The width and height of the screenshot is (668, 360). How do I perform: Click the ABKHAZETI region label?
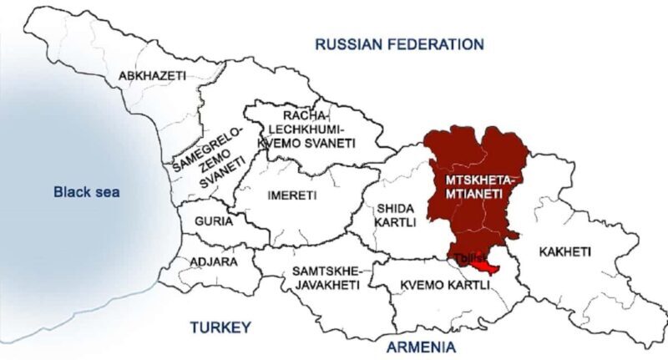tap(152, 75)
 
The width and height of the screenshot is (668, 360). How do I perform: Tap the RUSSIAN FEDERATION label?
tap(399, 44)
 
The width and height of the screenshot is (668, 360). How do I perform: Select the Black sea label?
tap(86, 192)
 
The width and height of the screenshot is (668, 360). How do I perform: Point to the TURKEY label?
tap(220, 327)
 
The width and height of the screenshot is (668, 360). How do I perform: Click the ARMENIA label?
tap(421, 346)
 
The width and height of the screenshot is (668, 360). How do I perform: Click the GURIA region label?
tap(213, 222)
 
